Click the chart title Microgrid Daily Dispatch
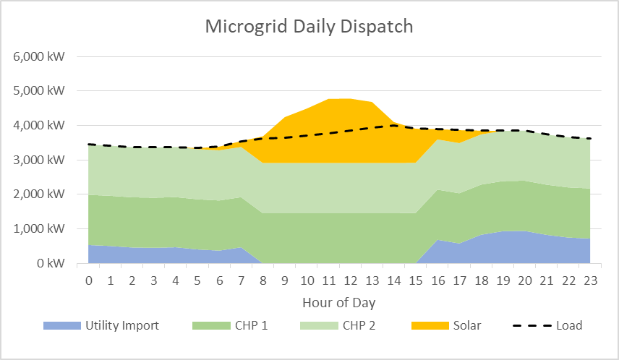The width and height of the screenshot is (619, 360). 309,27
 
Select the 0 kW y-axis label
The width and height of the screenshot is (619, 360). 54,264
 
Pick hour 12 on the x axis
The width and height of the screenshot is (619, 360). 350,280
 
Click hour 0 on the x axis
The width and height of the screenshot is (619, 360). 88,280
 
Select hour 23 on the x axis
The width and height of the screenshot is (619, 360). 590,280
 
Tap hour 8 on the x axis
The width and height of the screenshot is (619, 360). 263,280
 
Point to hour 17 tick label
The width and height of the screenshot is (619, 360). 459,280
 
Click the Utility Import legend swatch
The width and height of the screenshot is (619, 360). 61,325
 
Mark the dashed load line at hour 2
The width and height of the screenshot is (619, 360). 132,147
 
